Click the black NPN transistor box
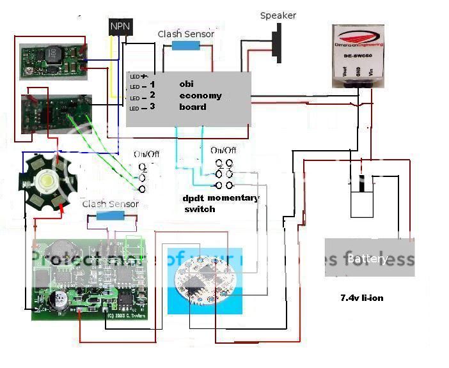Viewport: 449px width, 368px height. tap(119, 26)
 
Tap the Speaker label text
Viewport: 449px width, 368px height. tap(278, 15)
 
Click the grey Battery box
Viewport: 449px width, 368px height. tap(369, 258)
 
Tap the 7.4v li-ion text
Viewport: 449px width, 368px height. tap(362, 298)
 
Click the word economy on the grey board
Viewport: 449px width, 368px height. tap(200, 95)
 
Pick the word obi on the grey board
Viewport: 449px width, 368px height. tap(186, 84)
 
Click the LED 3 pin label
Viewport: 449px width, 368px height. tap(143, 107)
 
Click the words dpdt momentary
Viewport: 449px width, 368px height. tap(221, 198)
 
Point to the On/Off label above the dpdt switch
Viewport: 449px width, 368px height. tap(223, 150)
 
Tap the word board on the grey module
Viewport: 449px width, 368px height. tap(193, 107)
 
